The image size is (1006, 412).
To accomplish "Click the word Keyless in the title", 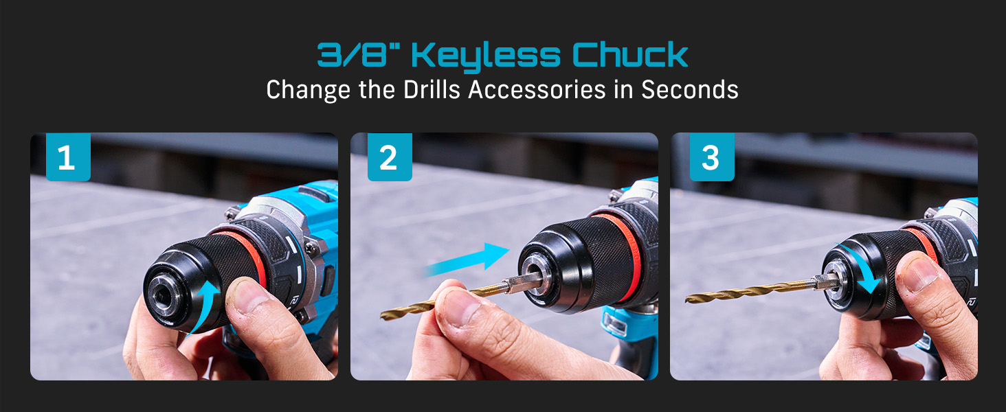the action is point(486,56).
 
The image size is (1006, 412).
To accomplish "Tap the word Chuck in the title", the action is point(630,54).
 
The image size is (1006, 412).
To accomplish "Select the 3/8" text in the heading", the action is point(357,54).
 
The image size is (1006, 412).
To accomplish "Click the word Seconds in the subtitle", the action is point(690,89).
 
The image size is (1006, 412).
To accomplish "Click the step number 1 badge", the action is point(68,157).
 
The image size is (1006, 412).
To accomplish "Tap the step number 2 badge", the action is point(390,157).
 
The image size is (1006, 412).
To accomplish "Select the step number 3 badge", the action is point(712,157).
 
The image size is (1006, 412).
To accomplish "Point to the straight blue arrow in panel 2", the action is point(467,260).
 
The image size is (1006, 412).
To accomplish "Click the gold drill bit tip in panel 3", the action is point(687,299).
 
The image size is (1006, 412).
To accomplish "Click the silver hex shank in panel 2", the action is point(521,283).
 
